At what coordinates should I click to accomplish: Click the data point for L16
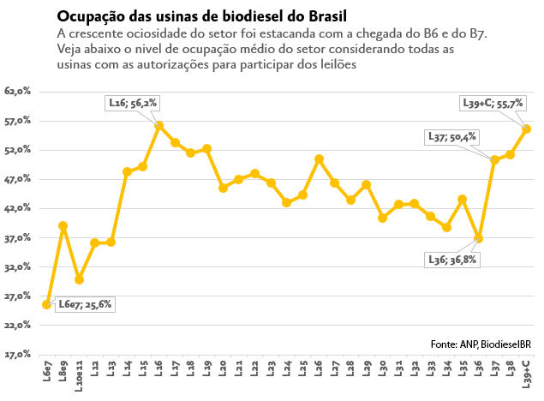click(x=158, y=126)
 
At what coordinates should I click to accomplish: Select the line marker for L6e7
click(x=47, y=304)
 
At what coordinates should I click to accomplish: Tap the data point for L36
click(x=478, y=238)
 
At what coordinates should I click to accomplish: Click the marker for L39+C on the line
click(x=526, y=129)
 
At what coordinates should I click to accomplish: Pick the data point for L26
click(x=319, y=159)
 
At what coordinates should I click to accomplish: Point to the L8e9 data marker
click(x=63, y=226)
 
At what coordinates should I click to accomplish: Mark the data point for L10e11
click(x=79, y=279)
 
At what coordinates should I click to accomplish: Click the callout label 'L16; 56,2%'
click(x=133, y=103)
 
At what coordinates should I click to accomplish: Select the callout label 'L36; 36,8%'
click(x=452, y=260)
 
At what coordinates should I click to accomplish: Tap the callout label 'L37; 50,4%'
click(x=452, y=137)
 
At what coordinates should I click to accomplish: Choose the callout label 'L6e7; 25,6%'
click(x=85, y=304)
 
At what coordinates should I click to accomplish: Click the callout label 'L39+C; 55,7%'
click(x=493, y=103)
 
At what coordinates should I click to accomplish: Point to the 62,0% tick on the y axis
click(x=17, y=91)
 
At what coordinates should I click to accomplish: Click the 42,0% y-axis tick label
click(x=17, y=208)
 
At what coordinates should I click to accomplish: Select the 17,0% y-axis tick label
click(x=17, y=355)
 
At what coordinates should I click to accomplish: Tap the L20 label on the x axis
click(x=223, y=368)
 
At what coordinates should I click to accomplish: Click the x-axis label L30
click(x=383, y=368)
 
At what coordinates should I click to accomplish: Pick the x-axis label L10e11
click(x=79, y=376)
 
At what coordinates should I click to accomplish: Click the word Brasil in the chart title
click(x=327, y=16)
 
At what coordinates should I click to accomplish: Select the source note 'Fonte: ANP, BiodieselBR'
click(x=481, y=344)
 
